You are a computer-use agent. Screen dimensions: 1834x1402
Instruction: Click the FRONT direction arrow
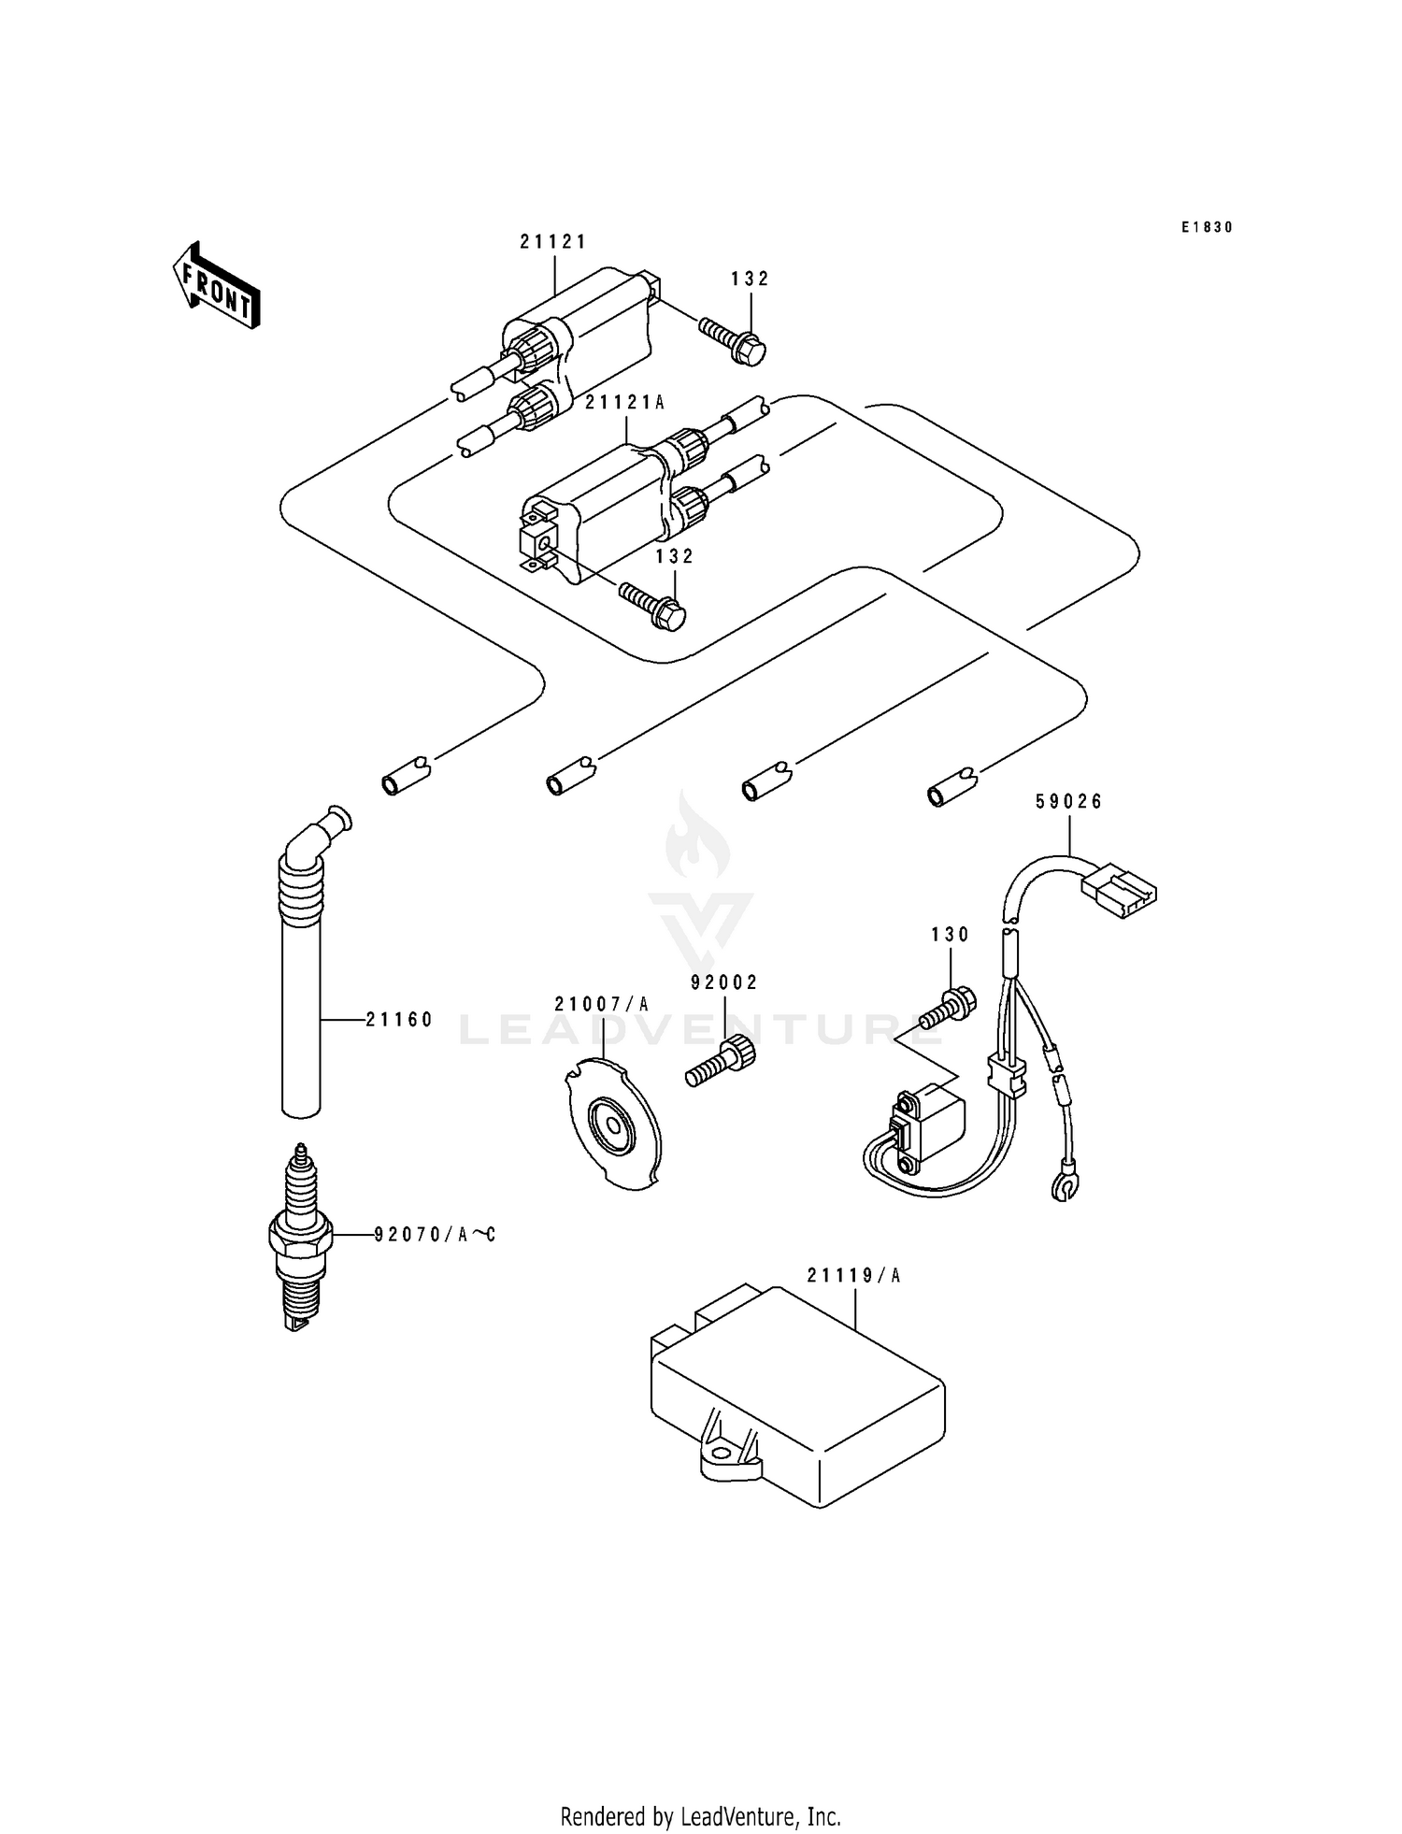[216, 284]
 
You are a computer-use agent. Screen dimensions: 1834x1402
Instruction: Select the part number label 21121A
[624, 403]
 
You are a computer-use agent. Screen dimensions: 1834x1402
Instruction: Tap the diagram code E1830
[1207, 227]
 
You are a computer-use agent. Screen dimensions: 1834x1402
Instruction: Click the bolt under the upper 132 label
[734, 340]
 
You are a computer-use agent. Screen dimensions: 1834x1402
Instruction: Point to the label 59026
[1068, 801]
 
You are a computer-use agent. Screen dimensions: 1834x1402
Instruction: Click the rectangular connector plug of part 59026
[1119, 889]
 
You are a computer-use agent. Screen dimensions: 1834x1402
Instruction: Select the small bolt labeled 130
[949, 1010]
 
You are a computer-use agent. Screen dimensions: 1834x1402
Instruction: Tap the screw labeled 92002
[722, 1063]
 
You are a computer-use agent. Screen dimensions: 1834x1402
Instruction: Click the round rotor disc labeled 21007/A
[612, 1126]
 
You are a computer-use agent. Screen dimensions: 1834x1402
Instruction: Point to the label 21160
[399, 1020]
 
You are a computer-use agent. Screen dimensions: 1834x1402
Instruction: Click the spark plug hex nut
[300, 1236]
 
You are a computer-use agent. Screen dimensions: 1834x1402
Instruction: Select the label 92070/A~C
[435, 1235]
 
